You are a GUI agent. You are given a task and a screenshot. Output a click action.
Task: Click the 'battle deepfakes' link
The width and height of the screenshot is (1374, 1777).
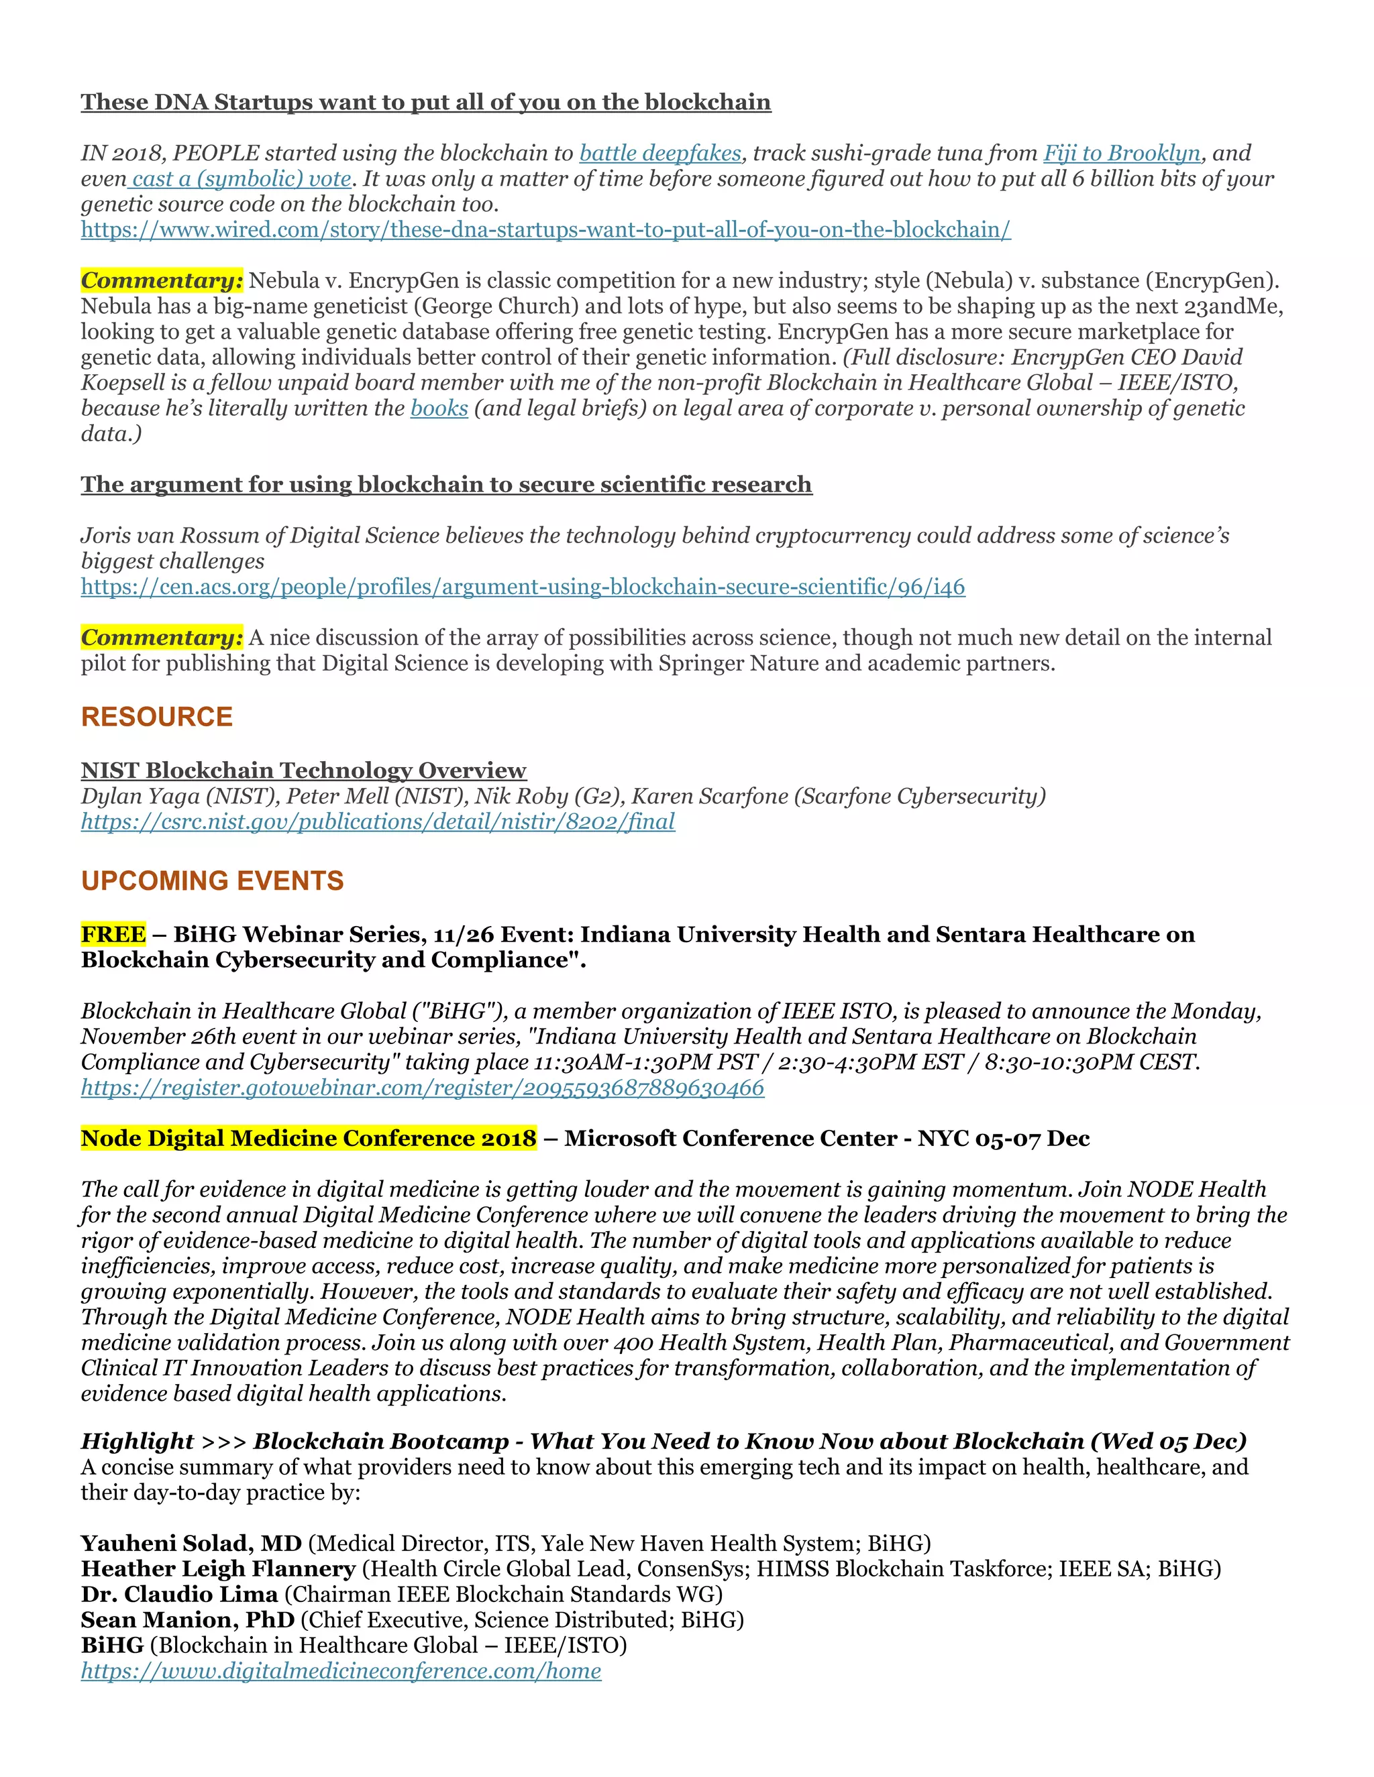[x=660, y=153]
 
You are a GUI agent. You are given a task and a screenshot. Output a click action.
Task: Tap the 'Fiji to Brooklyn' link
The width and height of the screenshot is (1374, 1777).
[x=1122, y=153]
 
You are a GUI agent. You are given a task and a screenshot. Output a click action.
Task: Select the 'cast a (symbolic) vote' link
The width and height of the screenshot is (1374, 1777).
[x=241, y=179]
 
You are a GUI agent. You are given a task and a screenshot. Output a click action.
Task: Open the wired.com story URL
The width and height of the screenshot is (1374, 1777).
[x=545, y=229]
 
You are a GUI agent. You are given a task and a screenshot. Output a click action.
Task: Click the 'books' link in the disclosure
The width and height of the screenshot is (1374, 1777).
[x=439, y=408]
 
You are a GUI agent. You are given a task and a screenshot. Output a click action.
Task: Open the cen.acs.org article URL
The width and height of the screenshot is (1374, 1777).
[x=523, y=587]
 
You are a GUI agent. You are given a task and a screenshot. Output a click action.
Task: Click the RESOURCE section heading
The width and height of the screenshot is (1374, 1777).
[x=157, y=717]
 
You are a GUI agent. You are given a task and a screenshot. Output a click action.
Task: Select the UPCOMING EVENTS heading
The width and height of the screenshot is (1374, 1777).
[x=213, y=880]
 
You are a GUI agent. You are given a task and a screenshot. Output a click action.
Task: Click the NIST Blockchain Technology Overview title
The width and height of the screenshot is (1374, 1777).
[x=304, y=770]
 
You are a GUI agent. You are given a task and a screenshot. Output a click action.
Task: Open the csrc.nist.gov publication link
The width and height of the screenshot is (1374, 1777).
[x=378, y=822]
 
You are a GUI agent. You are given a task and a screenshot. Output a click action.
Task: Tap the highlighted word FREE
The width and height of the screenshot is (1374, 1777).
[x=113, y=934]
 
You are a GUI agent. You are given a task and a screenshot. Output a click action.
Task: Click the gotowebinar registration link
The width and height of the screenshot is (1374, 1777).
[x=423, y=1088]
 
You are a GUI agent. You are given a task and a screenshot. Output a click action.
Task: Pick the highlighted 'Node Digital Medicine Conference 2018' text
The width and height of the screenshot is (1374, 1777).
[x=309, y=1139]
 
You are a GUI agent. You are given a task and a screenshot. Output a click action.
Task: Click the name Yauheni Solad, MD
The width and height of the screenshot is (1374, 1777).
[x=191, y=1544]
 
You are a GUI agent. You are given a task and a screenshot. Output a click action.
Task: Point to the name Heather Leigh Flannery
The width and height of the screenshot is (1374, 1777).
[x=218, y=1568]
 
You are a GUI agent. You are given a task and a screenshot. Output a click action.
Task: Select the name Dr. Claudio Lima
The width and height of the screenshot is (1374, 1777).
[x=179, y=1594]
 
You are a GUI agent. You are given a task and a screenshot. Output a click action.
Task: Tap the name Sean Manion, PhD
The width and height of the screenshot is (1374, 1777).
[x=187, y=1620]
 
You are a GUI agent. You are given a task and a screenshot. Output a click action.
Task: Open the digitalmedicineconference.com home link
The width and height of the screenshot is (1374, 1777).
[x=341, y=1671]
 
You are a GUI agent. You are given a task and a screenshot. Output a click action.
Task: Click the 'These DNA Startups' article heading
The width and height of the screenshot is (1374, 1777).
[x=426, y=103]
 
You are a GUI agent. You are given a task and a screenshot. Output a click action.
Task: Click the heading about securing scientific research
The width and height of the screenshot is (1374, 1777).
[x=446, y=485]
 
